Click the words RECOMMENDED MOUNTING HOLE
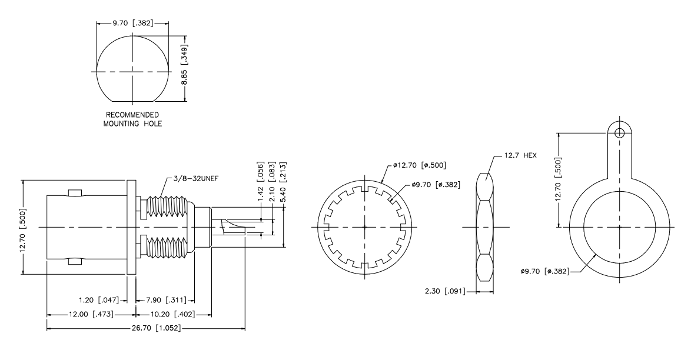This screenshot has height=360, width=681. pyautogui.click(x=133, y=119)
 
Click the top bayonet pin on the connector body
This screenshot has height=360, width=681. pyautogui.click(x=74, y=194)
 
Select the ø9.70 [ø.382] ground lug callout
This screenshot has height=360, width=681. pyautogui.click(x=544, y=272)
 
